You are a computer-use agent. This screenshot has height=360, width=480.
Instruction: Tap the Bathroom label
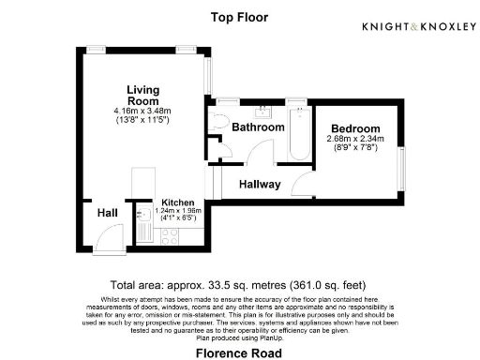(x=258, y=127)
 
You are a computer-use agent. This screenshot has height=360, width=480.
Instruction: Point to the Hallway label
(x=259, y=185)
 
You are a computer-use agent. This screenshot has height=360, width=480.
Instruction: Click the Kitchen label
(x=177, y=202)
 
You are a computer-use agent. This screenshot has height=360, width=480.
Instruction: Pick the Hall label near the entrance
(x=108, y=214)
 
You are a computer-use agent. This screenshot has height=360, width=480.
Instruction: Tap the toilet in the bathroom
(x=220, y=121)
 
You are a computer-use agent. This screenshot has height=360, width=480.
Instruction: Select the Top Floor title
(x=239, y=17)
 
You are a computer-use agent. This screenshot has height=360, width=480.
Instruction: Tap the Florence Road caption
(x=239, y=352)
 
